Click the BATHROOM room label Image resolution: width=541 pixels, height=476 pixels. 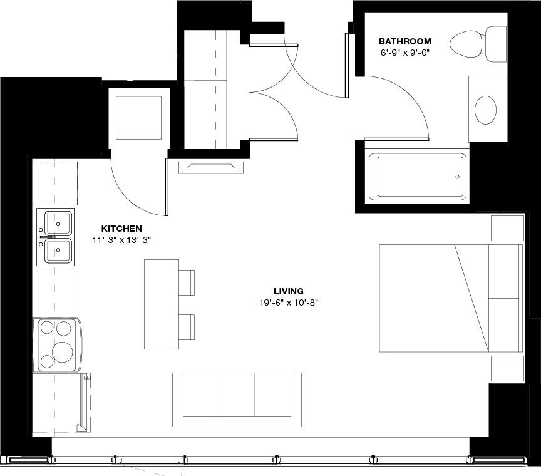point(405,41)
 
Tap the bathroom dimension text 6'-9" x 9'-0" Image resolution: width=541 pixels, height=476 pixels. point(404,53)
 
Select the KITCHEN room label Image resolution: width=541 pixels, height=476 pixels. point(121,229)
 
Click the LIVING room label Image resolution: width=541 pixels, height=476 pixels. point(289,291)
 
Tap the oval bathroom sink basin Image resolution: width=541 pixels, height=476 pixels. point(485,110)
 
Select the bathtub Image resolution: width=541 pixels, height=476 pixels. point(416,177)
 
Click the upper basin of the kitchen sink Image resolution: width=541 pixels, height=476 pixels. point(58,222)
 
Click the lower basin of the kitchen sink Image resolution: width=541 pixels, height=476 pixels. point(58,251)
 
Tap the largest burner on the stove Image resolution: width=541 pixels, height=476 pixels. point(63,352)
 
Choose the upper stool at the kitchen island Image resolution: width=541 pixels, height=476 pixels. point(187,282)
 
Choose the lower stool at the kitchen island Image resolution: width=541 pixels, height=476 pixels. point(187,327)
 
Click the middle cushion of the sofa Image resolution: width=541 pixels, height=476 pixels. point(237,395)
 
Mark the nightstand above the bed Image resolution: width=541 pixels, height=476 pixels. point(507,228)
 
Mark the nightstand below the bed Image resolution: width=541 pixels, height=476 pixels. point(507,368)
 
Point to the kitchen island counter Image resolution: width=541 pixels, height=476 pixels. point(161,304)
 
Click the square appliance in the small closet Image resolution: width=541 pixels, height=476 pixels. point(138,118)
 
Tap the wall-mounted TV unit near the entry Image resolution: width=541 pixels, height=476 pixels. point(211,167)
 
